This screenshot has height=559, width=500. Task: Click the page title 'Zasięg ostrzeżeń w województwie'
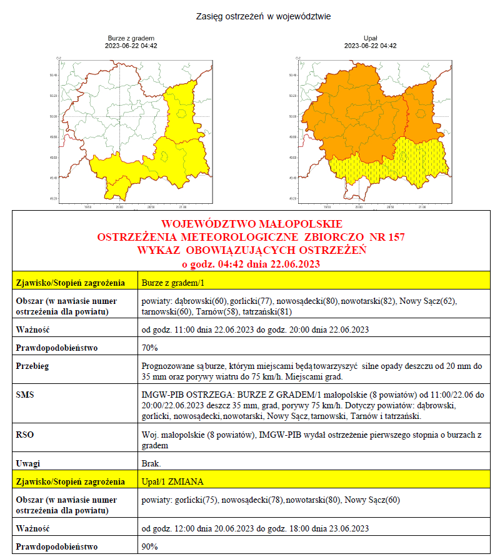263,16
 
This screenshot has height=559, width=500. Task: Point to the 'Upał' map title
370,38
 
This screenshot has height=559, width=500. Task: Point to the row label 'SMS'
25,396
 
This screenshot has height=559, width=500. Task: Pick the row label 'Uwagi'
28,463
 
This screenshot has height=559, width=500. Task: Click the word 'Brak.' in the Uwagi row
152,463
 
